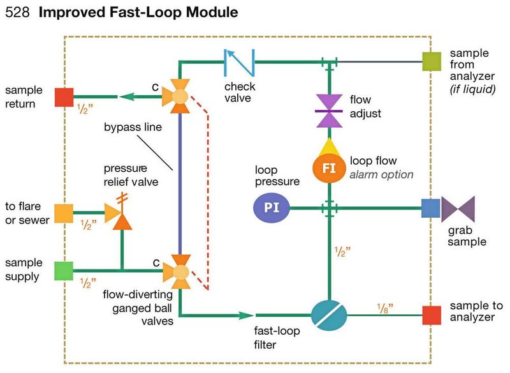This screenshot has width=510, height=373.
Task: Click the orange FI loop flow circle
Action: [328, 169]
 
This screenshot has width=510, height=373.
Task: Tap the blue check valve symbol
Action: [239, 62]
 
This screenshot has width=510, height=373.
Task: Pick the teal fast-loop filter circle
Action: [329, 314]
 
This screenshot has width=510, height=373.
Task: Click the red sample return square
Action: [64, 97]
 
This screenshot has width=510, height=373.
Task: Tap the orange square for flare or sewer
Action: [64, 213]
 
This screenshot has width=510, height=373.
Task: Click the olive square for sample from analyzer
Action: [432, 62]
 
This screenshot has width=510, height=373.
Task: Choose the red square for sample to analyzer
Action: [432, 314]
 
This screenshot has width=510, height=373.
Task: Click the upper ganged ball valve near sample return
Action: [180, 97]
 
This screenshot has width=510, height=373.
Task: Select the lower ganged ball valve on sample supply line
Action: [180, 273]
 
